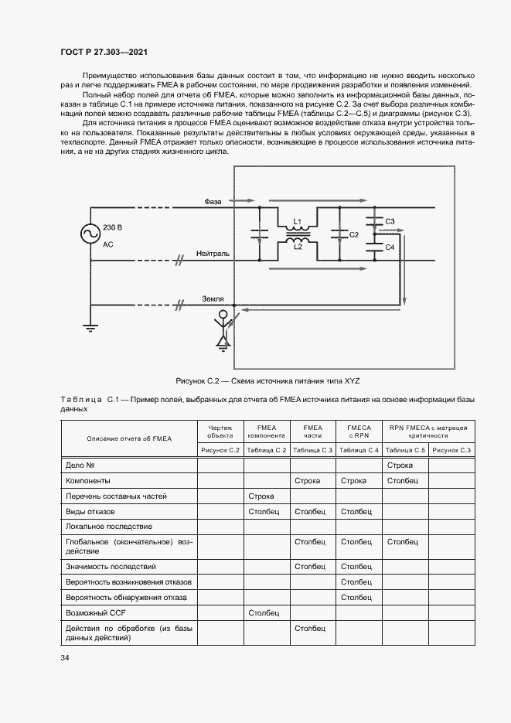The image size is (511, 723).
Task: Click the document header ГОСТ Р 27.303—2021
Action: click(x=104, y=52)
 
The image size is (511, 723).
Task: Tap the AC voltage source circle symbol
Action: click(x=90, y=233)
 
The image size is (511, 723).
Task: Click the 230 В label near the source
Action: click(x=113, y=227)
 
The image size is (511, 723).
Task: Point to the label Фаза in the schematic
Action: click(x=213, y=202)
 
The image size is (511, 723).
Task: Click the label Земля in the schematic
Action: click(x=213, y=298)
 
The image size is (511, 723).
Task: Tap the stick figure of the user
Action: click(x=223, y=328)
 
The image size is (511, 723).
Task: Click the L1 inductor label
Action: click(x=297, y=221)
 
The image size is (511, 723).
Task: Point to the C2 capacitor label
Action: click(x=353, y=234)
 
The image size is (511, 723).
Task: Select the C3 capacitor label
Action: click(x=390, y=221)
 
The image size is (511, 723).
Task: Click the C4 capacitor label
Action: click(x=390, y=247)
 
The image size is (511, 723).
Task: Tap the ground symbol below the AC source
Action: click(x=90, y=328)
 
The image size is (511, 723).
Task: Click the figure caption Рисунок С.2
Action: click(x=268, y=381)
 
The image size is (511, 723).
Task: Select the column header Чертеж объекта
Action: click(x=220, y=431)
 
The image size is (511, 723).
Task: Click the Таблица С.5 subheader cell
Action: click(x=405, y=450)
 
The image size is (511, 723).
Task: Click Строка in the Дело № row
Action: click(x=400, y=465)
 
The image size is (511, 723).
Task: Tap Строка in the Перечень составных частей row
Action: click(x=261, y=496)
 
